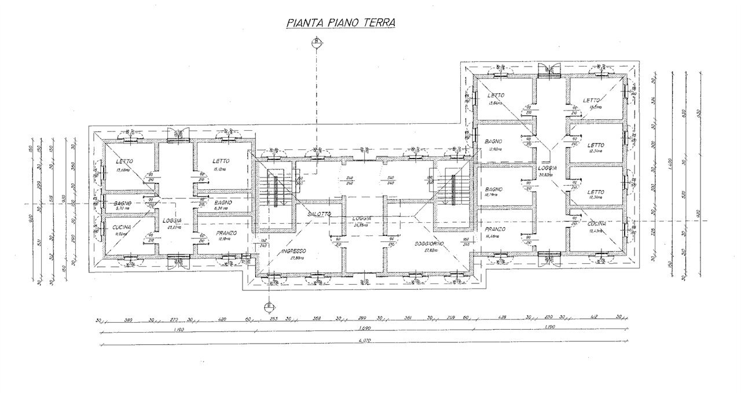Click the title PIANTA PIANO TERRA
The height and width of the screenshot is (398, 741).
(x=341, y=23)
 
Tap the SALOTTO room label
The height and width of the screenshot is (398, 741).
(x=320, y=214)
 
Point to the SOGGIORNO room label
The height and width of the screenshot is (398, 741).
(x=429, y=244)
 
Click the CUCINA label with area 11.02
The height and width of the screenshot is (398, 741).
(x=124, y=229)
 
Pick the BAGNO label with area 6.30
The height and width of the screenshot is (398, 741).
(x=223, y=203)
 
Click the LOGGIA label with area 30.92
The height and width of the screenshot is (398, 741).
(x=548, y=168)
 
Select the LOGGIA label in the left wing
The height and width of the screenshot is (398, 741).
(x=173, y=220)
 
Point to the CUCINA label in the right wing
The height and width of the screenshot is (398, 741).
(x=596, y=224)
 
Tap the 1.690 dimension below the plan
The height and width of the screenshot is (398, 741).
(x=365, y=329)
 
